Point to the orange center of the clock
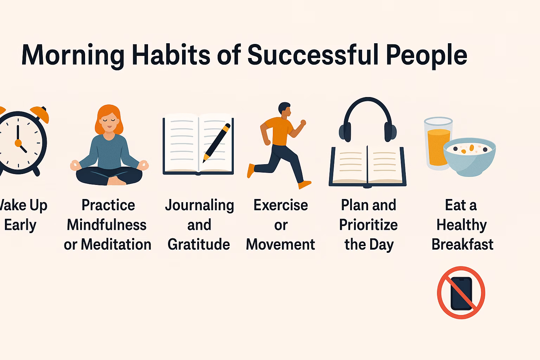point(18,143)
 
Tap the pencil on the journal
point(217,142)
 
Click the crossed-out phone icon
point(461,292)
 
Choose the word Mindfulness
point(107,225)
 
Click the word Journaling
point(199,205)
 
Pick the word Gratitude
point(199,244)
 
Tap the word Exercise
point(281,205)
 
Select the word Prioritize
point(368,225)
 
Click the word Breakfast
point(462,244)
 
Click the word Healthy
point(462,225)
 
